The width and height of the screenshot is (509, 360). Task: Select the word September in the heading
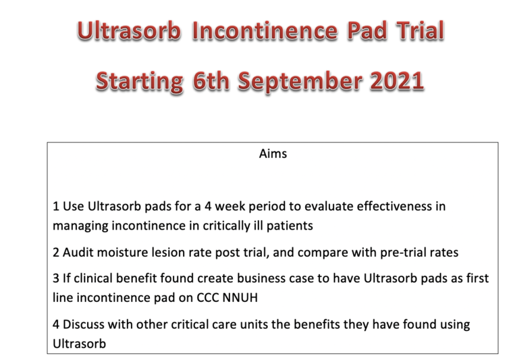pyautogui.click(x=300, y=81)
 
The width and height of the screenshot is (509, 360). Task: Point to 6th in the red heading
pyautogui.click(x=211, y=80)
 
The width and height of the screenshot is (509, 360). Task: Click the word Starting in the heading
pyautogui.click(x=139, y=81)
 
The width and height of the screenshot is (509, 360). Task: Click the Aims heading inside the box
pyautogui.click(x=273, y=154)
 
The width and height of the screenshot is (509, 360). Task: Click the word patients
pyautogui.click(x=290, y=226)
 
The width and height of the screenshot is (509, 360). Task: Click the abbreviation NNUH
pyautogui.click(x=240, y=298)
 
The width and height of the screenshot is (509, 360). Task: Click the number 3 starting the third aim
pyautogui.click(x=56, y=278)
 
